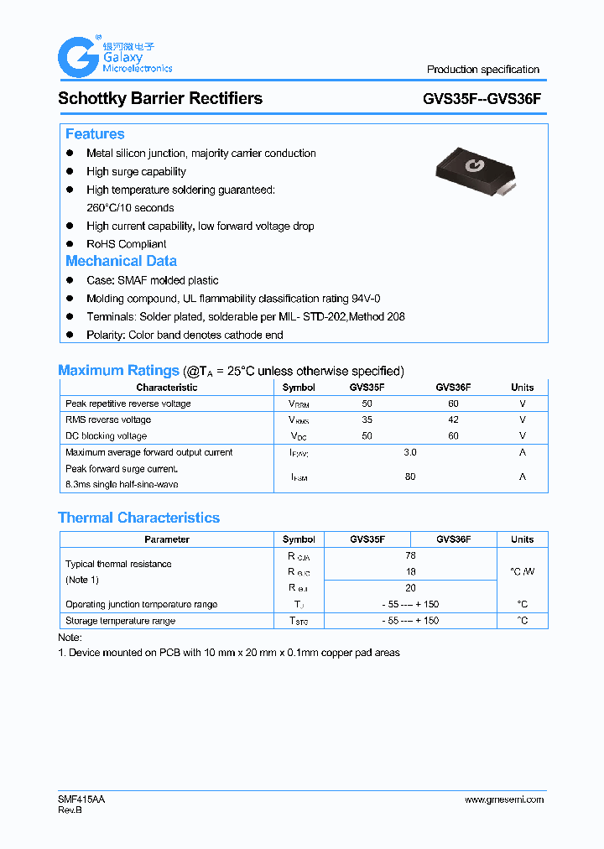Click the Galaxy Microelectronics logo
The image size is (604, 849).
tap(114, 57)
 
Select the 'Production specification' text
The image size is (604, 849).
tap(482, 70)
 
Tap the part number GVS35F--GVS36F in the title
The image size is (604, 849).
tap(482, 98)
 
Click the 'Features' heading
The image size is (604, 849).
tap(95, 134)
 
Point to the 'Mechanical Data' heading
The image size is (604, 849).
tap(121, 261)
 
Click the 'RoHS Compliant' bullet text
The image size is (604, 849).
tap(126, 244)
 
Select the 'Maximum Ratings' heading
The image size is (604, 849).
tap(118, 370)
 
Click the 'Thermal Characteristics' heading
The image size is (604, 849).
tap(138, 518)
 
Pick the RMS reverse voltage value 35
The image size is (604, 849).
tap(367, 419)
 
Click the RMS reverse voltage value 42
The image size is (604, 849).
tap(453, 419)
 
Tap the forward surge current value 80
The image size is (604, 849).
tap(410, 477)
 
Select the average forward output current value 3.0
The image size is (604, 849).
tap(410, 452)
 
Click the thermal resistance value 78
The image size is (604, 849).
tap(410, 555)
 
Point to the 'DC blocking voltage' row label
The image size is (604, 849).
tap(106, 436)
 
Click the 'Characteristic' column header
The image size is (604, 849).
tap(167, 388)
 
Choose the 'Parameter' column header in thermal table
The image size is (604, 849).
tap(167, 539)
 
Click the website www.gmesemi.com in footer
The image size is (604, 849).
tap(503, 800)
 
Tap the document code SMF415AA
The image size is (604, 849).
tap(81, 800)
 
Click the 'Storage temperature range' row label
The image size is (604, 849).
tap(120, 621)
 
